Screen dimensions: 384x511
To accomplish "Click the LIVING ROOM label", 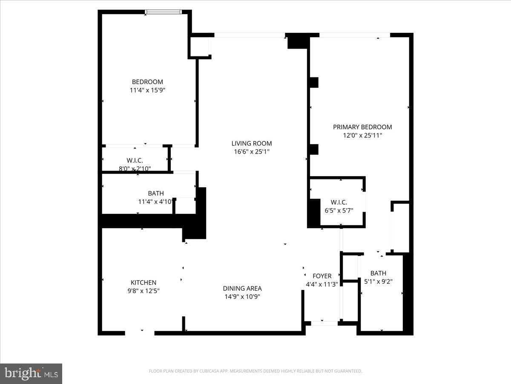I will [251, 143].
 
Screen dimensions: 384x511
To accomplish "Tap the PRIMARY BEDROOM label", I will [362, 127].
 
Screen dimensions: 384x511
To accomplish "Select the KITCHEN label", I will [143, 282].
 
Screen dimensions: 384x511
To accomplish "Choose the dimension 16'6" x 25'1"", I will [251, 151].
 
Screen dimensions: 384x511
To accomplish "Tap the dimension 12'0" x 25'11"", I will [362, 135].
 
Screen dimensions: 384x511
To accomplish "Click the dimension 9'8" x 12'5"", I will [143, 291].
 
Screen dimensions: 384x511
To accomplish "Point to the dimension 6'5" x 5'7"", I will [339, 210].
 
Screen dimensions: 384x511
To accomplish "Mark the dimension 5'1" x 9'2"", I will [378, 282].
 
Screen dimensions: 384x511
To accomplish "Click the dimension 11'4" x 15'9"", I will [147, 90].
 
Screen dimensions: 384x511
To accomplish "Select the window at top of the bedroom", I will [163, 12].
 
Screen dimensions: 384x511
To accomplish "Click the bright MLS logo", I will [31, 373].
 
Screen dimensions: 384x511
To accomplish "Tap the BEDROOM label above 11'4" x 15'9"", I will [147, 81].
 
